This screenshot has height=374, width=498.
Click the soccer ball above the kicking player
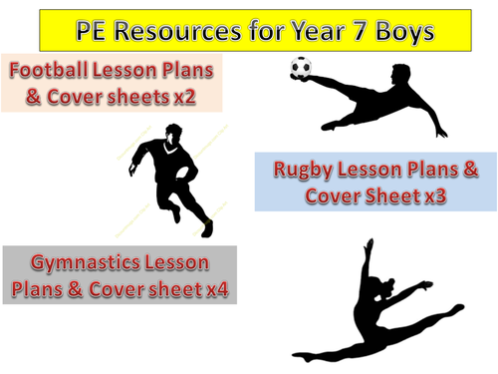(300, 69)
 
